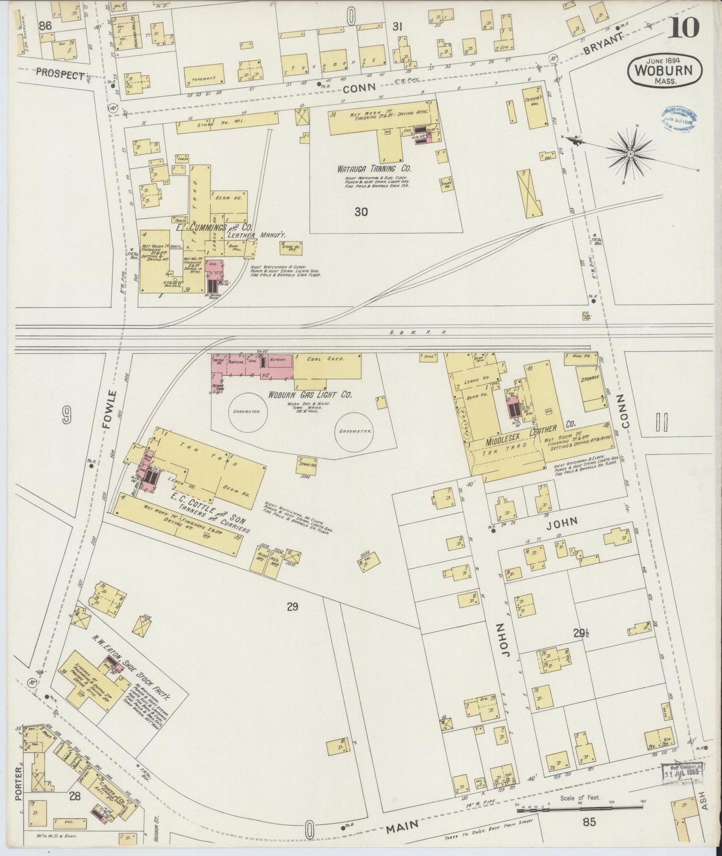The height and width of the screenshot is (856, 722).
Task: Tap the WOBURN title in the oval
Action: click(664, 69)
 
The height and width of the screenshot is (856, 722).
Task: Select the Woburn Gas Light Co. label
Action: click(310, 395)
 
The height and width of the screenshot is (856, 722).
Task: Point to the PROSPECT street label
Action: click(60, 75)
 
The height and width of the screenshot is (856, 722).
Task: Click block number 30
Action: click(361, 212)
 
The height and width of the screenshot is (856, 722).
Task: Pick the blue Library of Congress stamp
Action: click(680, 119)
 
